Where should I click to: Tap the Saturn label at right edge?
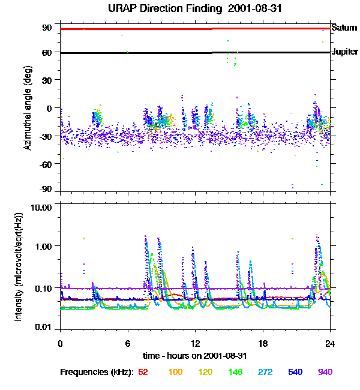[344, 28]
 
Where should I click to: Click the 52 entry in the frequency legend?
[143, 372]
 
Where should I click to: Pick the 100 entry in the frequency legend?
[175, 372]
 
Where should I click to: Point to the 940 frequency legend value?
[325, 372]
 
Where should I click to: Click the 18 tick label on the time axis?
[262, 343]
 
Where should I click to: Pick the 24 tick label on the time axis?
[330, 343]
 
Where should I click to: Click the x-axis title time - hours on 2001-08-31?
[194, 356]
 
